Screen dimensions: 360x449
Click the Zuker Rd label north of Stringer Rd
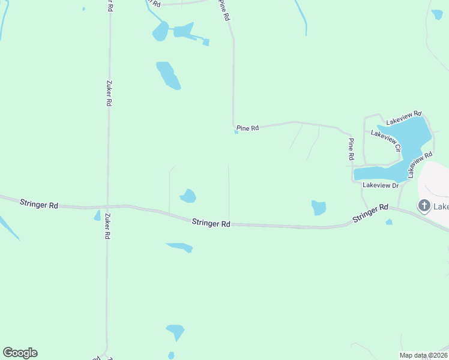(x=109, y=94)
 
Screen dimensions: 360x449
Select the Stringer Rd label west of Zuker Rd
(x=38, y=204)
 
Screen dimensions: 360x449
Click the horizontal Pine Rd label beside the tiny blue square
(x=247, y=128)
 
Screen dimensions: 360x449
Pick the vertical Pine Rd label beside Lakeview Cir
(x=351, y=149)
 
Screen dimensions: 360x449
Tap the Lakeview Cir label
(x=385, y=137)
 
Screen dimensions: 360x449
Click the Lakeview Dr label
(x=381, y=185)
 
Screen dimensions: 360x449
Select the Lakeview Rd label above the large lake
(x=404, y=117)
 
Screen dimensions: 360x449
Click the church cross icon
(x=424, y=206)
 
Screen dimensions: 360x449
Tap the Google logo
(x=20, y=353)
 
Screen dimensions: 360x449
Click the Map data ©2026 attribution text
(x=423, y=355)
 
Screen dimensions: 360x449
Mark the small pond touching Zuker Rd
(x=97, y=215)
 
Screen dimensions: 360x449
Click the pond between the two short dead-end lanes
(x=188, y=196)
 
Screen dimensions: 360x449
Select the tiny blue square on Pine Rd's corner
(x=237, y=132)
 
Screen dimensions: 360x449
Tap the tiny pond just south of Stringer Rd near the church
(x=389, y=222)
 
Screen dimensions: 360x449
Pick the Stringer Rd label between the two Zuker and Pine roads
(x=211, y=223)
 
